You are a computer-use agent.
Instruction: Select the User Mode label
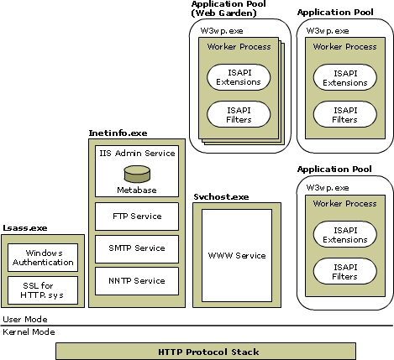tap(24, 320)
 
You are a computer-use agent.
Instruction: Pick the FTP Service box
tap(136, 217)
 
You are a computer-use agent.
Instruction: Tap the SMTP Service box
tap(136, 248)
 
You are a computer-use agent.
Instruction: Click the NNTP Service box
tap(136, 280)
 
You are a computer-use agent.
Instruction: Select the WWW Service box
tap(236, 255)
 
